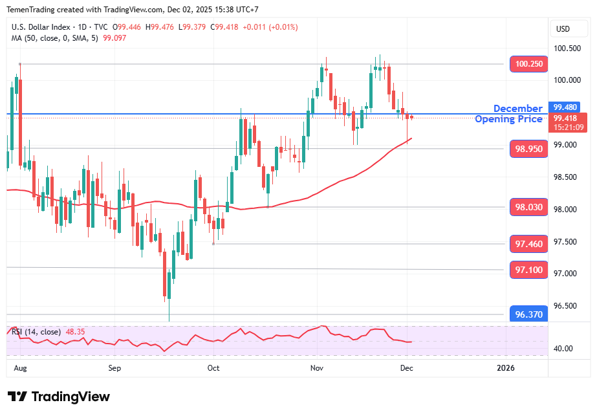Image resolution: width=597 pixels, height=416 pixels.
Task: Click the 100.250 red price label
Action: [x=529, y=64]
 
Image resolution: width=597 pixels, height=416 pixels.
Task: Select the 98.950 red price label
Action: [x=529, y=149]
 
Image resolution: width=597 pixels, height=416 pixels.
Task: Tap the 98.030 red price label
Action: [x=529, y=208]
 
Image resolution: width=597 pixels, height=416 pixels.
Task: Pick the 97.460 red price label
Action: [x=529, y=244]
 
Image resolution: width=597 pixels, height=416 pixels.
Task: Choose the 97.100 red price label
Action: [x=529, y=269]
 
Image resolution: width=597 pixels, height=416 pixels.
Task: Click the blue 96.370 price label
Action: [x=529, y=314]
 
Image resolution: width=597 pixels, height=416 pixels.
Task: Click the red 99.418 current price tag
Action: [x=567, y=118]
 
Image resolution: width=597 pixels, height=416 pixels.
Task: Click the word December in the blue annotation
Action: [x=517, y=109]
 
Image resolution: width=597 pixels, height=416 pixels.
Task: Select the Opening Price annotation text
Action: [x=508, y=119]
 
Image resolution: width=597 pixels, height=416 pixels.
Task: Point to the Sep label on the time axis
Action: [x=114, y=368]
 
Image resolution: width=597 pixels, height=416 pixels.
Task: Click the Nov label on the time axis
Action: [x=316, y=368]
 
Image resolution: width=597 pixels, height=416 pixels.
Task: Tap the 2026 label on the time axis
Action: [x=505, y=368]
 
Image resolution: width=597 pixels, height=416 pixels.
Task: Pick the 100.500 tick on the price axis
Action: [x=568, y=49]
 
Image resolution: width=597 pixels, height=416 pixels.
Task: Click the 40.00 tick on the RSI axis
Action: [x=563, y=349]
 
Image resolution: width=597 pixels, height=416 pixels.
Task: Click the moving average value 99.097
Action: [x=114, y=38]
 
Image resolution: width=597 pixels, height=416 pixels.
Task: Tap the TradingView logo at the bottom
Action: [x=59, y=397]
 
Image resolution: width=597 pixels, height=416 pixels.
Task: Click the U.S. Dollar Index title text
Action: [x=41, y=28]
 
